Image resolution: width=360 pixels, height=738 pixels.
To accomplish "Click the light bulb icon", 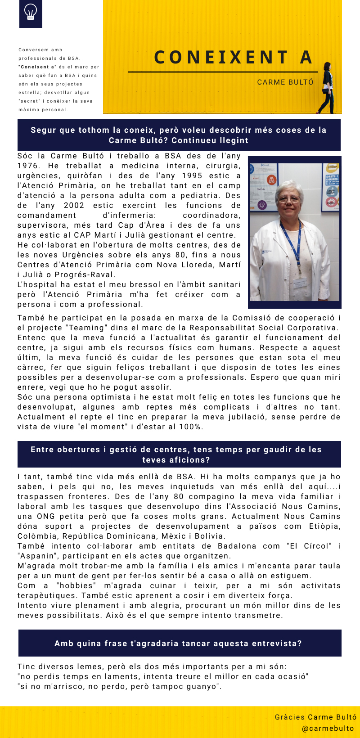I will (x=31, y=12).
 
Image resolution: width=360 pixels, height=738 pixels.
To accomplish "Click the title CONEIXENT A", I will (x=233, y=57).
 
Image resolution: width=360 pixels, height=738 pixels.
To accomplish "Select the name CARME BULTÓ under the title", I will (x=285, y=82).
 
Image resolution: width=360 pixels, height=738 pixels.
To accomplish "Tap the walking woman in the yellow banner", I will (x=326, y=88).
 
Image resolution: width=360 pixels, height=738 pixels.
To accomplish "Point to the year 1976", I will (x=28, y=166).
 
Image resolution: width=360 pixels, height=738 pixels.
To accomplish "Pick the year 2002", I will (x=74, y=206).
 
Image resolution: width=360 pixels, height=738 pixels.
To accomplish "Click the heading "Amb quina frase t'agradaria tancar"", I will (x=178, y=643).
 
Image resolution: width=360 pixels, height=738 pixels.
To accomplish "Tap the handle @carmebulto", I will (x=328, y=729).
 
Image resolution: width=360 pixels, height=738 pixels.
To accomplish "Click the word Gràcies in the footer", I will (x=290, y=717).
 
